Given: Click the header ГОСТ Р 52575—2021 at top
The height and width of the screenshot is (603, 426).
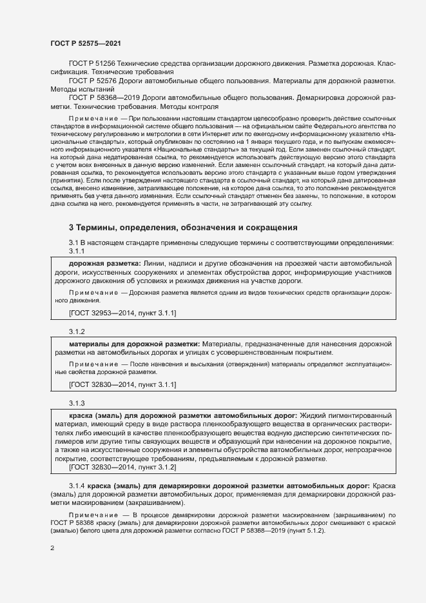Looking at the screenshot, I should (x=85, y=43).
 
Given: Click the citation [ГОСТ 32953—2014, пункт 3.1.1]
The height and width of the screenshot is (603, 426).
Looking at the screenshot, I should (x=122, y=313).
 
